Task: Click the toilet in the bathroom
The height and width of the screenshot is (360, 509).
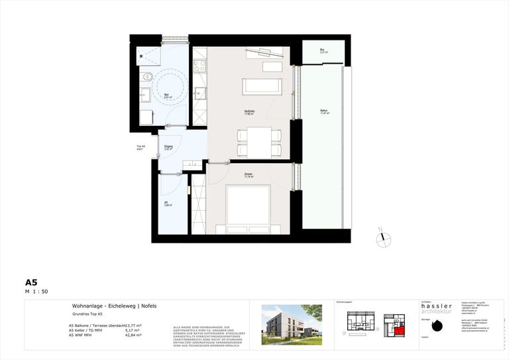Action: [x=147, y=78]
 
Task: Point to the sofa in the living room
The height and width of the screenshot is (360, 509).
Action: [x=262, y=86]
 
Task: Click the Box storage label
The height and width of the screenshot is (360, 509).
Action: [x=322, y=51]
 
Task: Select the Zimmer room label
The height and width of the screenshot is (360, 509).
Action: [x=249, y=175]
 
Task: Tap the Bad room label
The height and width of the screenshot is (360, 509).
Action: [x=167, y=95]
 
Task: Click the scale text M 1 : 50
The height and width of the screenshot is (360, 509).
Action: [x=36, y=292]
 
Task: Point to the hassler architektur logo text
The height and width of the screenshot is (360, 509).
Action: [x=437, y=309]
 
